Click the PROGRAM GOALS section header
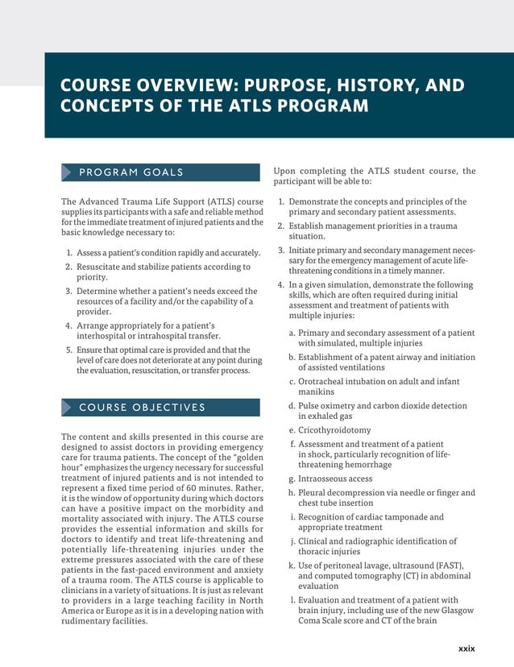tap(131, 172)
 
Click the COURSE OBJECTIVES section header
tap(142, 408)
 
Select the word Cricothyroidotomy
tap(334, 430)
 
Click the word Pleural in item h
tap(313, 493)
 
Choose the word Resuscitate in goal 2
tap(105, 267)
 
